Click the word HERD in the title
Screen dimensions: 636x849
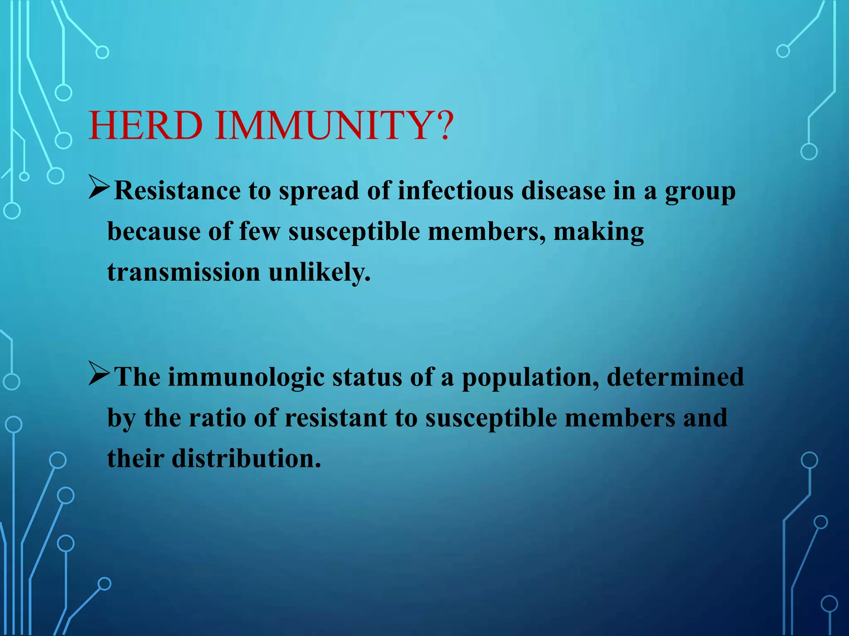click(x=146, y=126)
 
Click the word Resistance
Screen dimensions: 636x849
click(x=177, y=191)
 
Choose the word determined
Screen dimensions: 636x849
click(x=675, y=377)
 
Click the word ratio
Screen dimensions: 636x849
click(x=217, y=418)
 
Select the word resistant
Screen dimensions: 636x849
click(x=336, y=418)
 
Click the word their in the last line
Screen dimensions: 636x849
click(x=136, y=458)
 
